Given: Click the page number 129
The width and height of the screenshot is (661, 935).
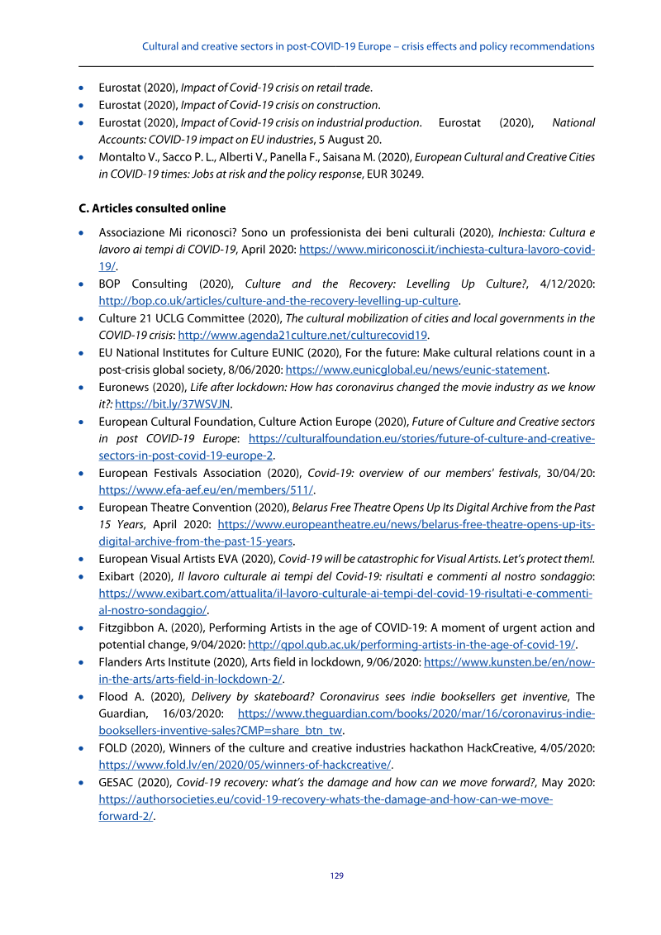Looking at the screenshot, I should coord(337,875).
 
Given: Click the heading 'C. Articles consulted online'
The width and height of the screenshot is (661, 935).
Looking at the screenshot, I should coord(151,208).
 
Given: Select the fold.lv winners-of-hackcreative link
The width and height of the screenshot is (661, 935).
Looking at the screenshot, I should coord(245,764).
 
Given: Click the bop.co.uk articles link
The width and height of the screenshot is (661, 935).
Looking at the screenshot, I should coord(278,301).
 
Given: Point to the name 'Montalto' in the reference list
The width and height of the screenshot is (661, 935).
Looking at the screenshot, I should coord(122,157).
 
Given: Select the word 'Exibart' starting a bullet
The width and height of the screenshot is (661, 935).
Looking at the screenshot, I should coord(117,576).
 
